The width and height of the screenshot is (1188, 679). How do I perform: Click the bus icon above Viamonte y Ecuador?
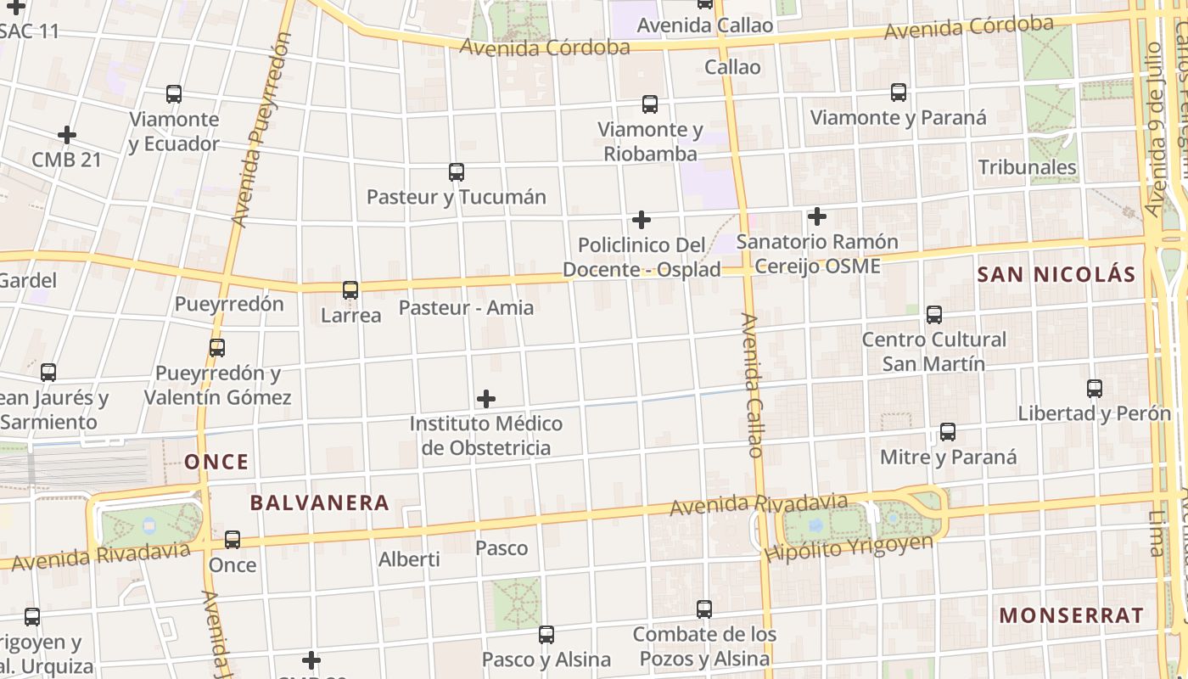click(174, 94)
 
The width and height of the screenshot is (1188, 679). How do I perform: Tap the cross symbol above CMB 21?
click(67, 135)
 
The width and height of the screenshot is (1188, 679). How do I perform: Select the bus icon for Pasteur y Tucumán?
click(457, 172)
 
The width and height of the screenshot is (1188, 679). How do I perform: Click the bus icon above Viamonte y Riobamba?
click(650, 104)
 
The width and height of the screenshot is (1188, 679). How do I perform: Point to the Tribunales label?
click(1027, 167)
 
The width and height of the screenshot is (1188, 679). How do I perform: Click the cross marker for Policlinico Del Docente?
click(642, 221)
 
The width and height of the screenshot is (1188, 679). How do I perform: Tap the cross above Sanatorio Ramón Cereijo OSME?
click(817, 217)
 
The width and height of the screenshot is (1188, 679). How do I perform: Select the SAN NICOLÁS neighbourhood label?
click(1056, 274)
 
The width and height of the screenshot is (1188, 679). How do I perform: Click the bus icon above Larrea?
click(350, 290)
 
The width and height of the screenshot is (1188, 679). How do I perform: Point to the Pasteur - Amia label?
click(466, 307)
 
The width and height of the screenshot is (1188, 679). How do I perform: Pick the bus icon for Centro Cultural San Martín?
click(934, 315)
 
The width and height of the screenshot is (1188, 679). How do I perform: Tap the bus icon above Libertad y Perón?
click(1095, 389)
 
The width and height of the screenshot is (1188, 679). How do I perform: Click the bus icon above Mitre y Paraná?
click(948, 432)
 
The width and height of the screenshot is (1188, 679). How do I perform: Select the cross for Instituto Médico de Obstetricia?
click(486, 399)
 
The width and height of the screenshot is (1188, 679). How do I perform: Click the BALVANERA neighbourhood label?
click(319, 502)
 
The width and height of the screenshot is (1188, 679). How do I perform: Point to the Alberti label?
click(409, 559)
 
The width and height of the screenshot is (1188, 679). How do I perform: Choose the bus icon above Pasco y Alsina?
click(546, 634)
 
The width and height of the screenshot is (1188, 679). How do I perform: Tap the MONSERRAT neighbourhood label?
click(1071, 615)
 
